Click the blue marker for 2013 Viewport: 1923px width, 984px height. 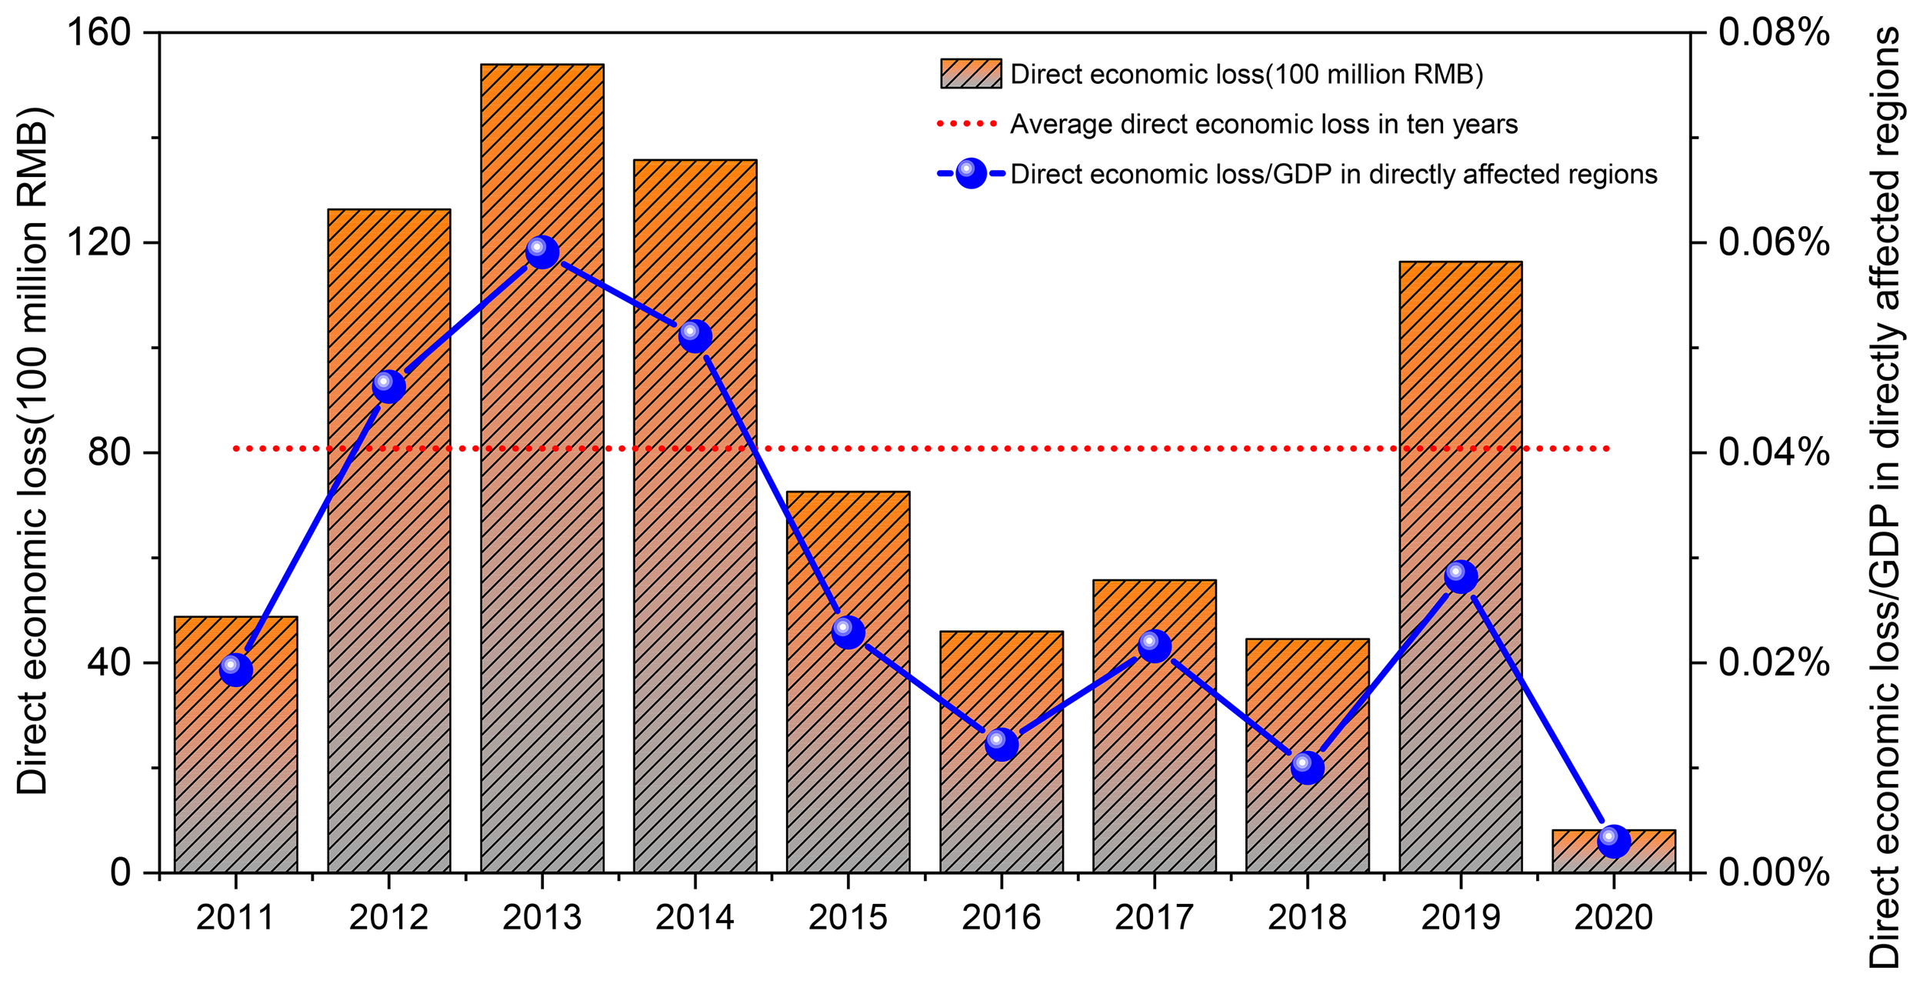[542, 252]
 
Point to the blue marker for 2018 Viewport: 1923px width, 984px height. [1308, 767]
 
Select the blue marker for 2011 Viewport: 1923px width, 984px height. [236, 669]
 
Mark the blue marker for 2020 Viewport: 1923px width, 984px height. [1614, 841]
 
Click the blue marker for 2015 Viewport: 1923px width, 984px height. [848, 632]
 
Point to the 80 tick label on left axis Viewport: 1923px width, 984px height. [108, 452]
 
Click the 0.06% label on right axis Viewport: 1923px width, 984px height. [1774, 243]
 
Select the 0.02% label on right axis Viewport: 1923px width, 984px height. [1774, 662]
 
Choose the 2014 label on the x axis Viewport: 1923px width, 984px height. [695, 918]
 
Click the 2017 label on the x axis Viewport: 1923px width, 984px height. [1154, 918]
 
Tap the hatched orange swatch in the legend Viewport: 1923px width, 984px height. [971, 74]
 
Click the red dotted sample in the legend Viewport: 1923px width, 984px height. [967, 124]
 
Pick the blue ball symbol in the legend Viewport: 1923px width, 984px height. [971, 174]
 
